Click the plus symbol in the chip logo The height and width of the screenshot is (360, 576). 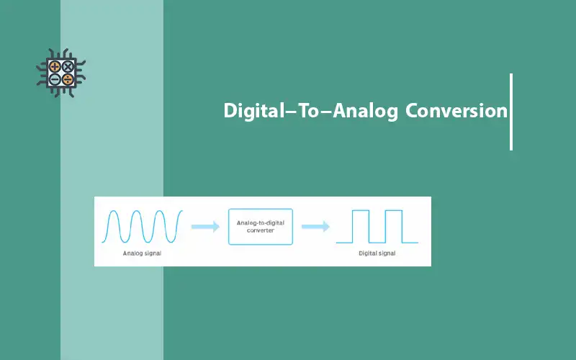pyautogui.click(x=55, y=66)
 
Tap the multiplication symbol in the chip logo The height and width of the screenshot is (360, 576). pyautogui.click(x=68, y=66)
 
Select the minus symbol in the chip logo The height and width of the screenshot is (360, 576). pyautogui.click(x=55, y=79)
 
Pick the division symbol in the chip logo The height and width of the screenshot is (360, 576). pyautogui.click(x=68, y=79)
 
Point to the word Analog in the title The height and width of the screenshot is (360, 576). pyautogui.click(x=365, y=112)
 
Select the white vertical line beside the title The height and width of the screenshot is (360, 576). pyautogui.click(x=511, y=112)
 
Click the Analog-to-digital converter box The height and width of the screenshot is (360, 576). pyautogui.click(x=261, y=226)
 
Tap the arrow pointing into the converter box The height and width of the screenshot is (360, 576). pyautogui.click(x=205, y=227)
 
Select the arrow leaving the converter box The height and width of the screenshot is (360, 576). pyautogui.click(x=315, y=227)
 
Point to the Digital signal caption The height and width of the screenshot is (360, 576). pyautogui.click(x=377, y=254)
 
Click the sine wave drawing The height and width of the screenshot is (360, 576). pyautogui.click(x=145, y=226)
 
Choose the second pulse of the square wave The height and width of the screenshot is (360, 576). pyautogui.click(x=393, y=226)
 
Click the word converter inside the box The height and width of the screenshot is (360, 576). pyautogui.click(x=261, y=230)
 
